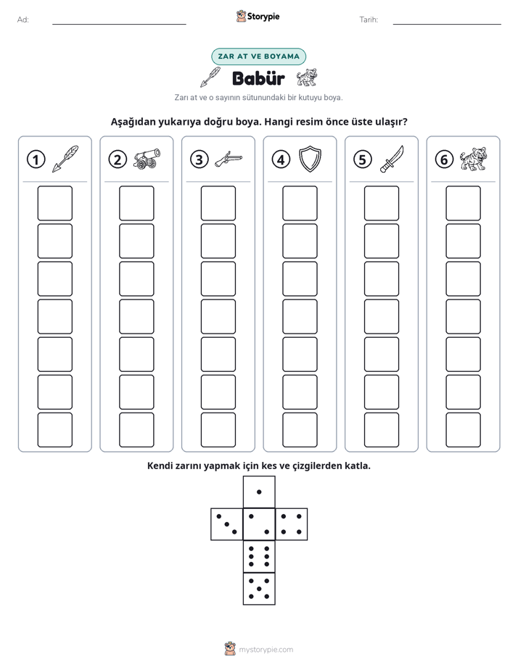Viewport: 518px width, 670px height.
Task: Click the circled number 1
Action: coord(36,160)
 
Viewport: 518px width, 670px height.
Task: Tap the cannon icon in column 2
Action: coord(147,159)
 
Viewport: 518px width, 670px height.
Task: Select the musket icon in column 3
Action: coord(229,159)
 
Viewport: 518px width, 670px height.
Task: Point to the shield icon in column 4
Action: coord(310,159)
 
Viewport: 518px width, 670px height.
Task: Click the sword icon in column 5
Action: coord(392,159)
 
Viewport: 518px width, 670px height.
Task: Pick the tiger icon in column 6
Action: coord(473,159)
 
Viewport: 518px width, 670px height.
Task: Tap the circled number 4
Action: coord(281,160)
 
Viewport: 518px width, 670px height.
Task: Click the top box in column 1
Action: coord(54,203)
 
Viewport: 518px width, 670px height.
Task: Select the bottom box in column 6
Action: coord(463,430)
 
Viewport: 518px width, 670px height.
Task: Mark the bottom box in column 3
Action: coord(218,430)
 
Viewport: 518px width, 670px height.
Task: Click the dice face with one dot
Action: coord(259,492)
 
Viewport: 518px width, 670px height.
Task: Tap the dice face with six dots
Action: coord(259,556)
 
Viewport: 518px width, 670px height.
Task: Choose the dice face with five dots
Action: coord(259,588)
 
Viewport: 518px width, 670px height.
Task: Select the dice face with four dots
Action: coord(292,524)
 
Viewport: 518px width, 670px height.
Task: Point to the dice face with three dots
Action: coord(227,524)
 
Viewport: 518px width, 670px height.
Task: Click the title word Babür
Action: coord(258,78)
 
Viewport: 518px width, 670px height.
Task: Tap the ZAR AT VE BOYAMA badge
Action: coord(258,57)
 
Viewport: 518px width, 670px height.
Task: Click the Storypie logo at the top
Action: coord(258,17)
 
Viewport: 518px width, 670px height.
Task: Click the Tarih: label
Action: coord(369,20)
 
